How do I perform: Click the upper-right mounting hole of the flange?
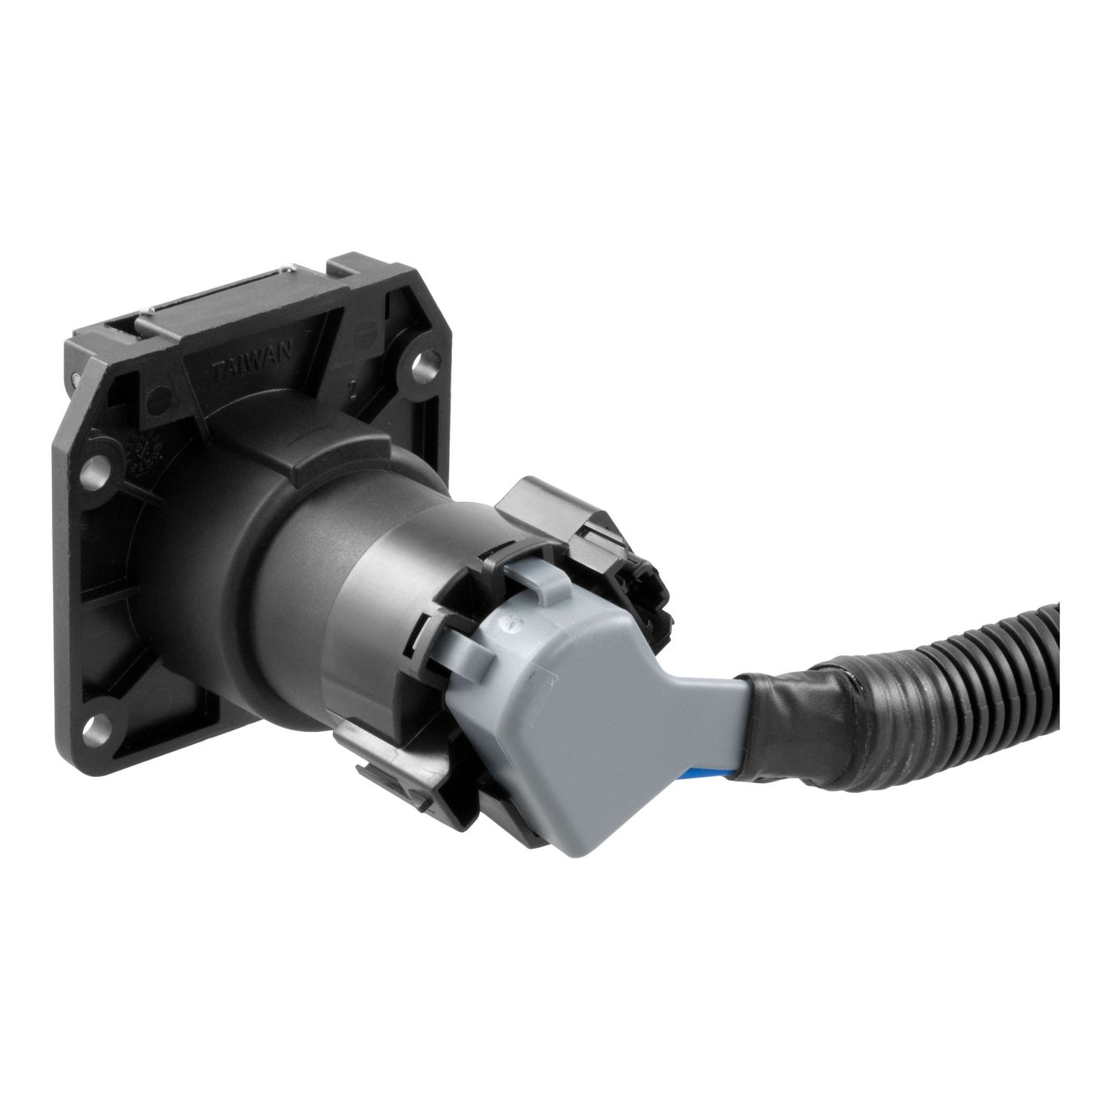point(423,363)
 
